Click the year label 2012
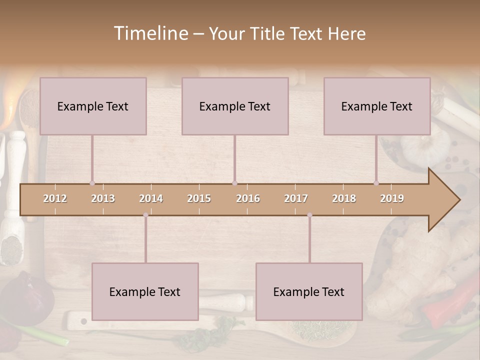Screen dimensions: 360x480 point(55,198)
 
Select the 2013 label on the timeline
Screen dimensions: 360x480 point(103,198)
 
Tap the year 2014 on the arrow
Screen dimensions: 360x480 point(151,198)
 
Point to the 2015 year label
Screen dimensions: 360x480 point(199,198)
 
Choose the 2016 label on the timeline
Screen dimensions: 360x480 point(248,198)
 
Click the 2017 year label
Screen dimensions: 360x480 point(296,198)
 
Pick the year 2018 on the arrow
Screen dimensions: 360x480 point(344,198)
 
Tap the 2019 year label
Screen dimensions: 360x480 point(392,198)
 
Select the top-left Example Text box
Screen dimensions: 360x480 point(93,106)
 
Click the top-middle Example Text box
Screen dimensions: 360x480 point(235,106)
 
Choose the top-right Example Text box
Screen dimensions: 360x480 point(377,106)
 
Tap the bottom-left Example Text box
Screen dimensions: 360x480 point(145,291)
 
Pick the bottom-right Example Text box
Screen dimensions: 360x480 point(309,291)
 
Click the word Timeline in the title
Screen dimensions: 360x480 point(150,33)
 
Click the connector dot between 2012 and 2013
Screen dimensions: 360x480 point(92,183)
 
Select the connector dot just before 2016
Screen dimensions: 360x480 point(234,183)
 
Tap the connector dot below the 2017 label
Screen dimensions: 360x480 point(309,215)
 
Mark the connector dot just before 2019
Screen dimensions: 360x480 point(376,183)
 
